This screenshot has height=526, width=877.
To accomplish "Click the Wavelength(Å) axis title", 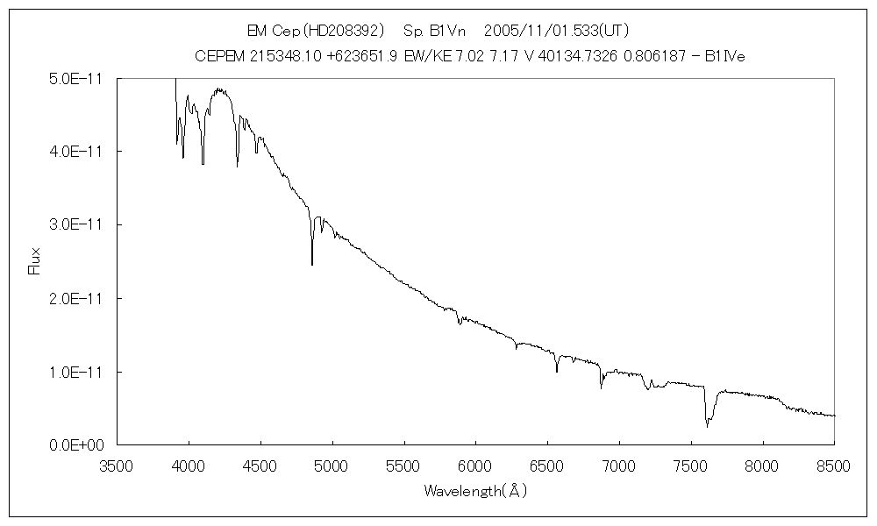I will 475,492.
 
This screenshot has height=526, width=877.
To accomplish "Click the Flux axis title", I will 35,261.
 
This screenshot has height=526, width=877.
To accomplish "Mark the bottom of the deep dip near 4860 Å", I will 312,264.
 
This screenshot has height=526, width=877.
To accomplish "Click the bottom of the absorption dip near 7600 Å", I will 707,426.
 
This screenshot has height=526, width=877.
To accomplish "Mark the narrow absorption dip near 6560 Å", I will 556,372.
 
